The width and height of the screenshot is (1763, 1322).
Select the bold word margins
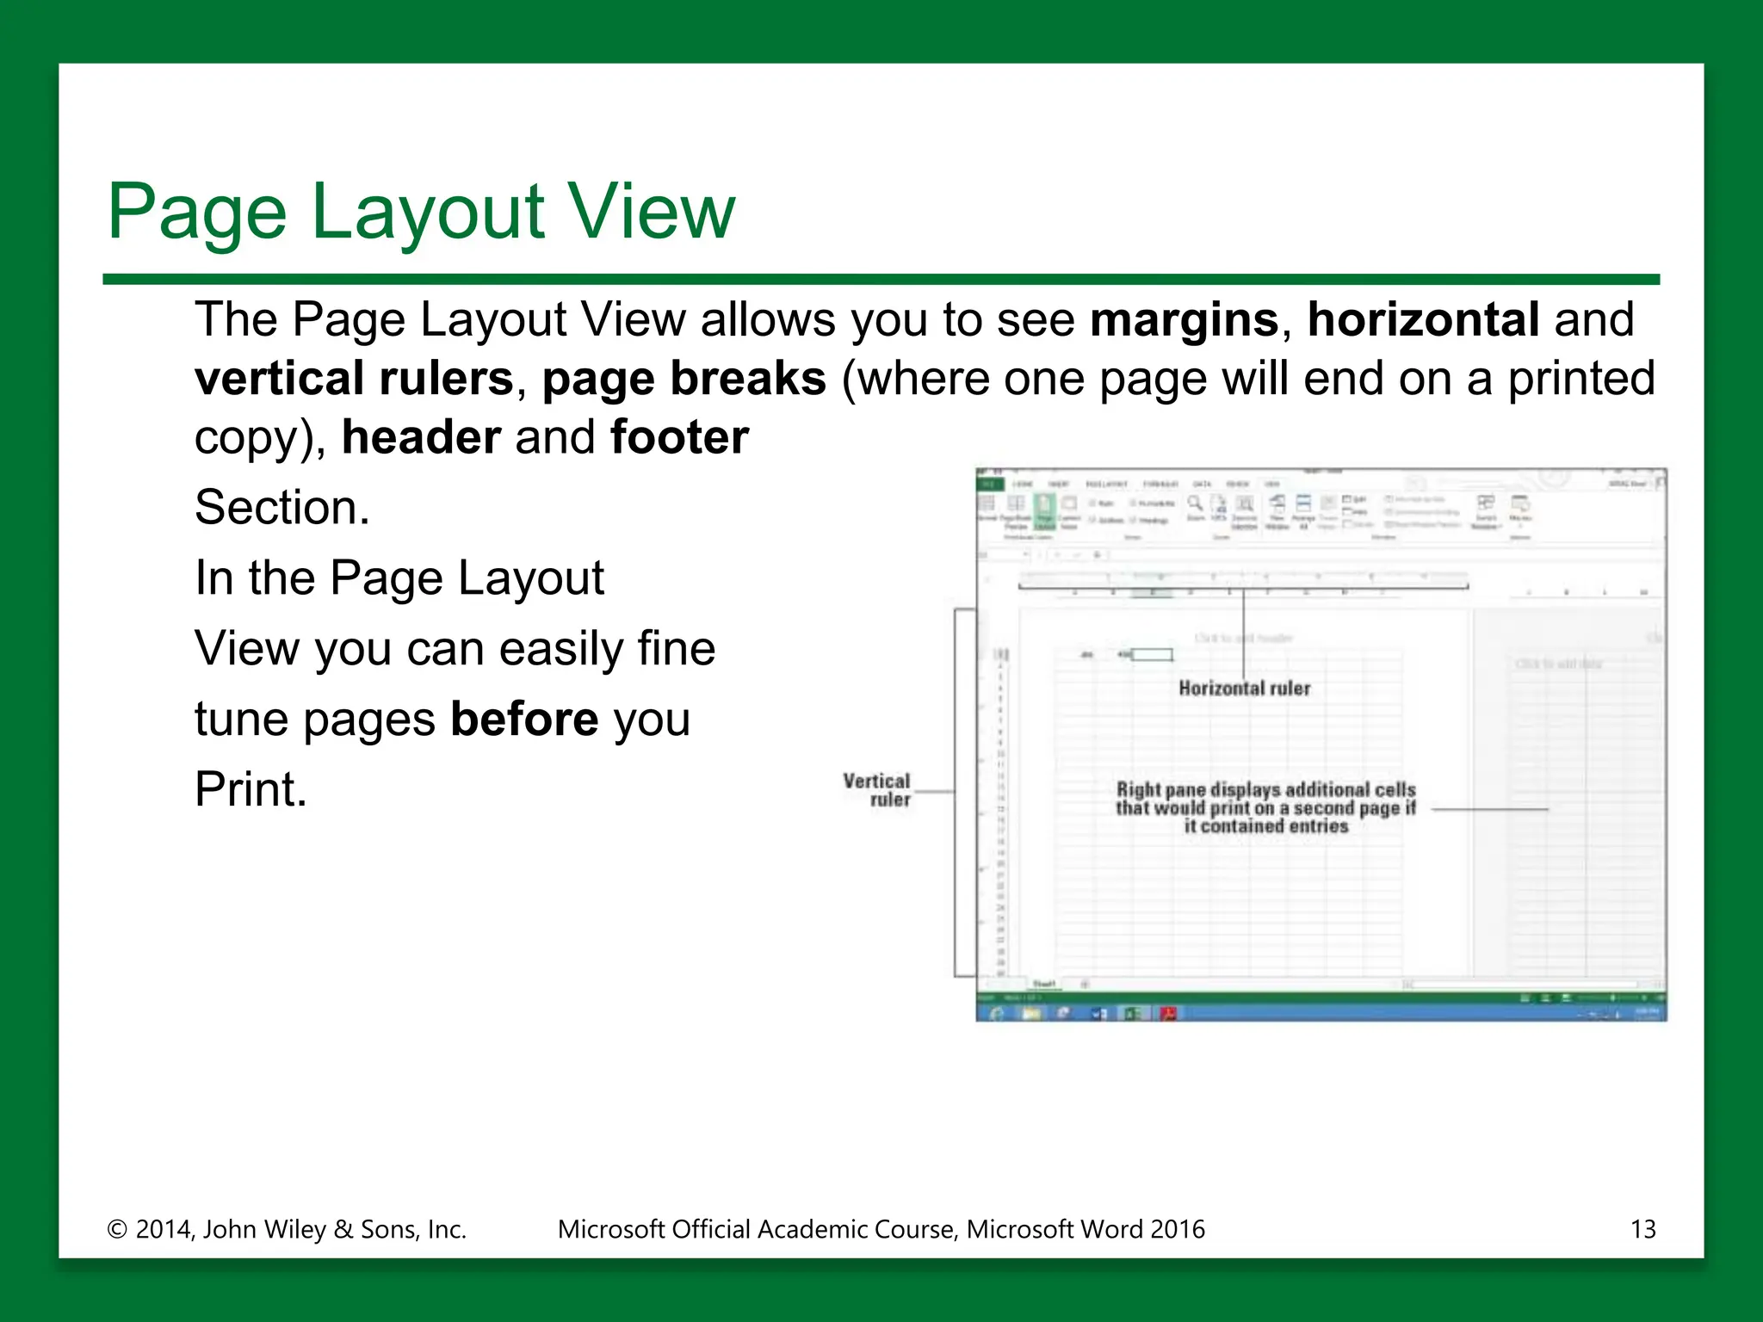[1184, 320]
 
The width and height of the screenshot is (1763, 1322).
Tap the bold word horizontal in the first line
[1423, 320]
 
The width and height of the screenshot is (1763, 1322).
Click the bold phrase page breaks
[684, 379]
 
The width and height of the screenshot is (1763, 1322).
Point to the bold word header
[421, 437]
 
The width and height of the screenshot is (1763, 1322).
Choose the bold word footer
[679, 437]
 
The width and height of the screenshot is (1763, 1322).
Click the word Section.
[281, 508]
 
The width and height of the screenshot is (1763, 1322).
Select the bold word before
[523, 719]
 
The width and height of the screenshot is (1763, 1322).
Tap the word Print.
[250, 789]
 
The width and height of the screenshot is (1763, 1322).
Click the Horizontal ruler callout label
[1244, 689]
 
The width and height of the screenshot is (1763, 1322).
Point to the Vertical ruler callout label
[876, 790]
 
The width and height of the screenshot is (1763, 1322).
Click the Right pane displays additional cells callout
[1265, 807]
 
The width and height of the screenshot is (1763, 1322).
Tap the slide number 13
[1642, 1229]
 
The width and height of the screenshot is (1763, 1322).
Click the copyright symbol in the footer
[116, 1230]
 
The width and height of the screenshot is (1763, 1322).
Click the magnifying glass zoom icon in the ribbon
[1195, 503]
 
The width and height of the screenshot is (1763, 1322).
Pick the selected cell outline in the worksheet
[1152, 655]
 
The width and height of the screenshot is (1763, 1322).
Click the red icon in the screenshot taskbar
[1168, 1013]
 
